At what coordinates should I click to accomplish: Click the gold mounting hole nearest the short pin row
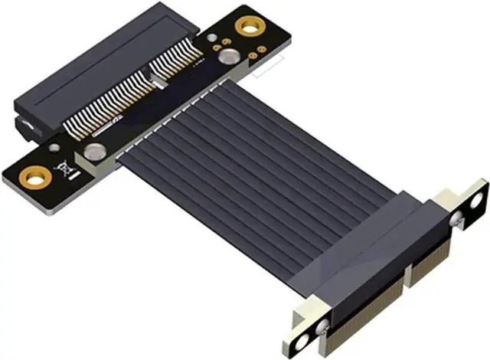point(247,27)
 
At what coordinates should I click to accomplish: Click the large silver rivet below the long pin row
point(95,152)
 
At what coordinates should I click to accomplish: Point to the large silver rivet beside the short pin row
point(226,56)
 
